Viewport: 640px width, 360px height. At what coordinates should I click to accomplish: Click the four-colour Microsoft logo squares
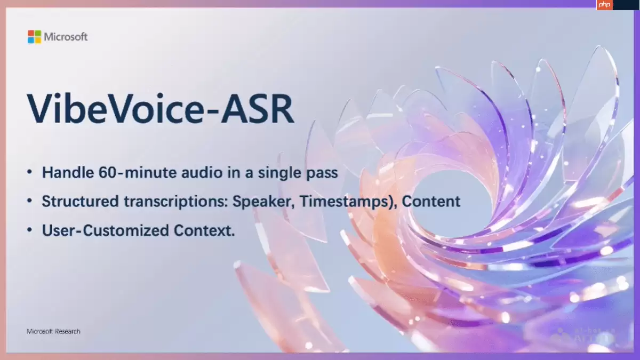pyautogui.click(x=35, y=37)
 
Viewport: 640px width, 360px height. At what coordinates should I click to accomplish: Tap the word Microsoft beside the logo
pyautogui.click(x=66, y=37)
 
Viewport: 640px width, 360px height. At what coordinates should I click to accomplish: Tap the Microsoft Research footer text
pyautogui.click(x=53, y=331)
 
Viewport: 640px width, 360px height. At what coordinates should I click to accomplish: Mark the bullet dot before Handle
pyautogui.click(x=30, y=173)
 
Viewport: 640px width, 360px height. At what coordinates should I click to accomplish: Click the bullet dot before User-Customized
pyautogui.click(x=30, y=231)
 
